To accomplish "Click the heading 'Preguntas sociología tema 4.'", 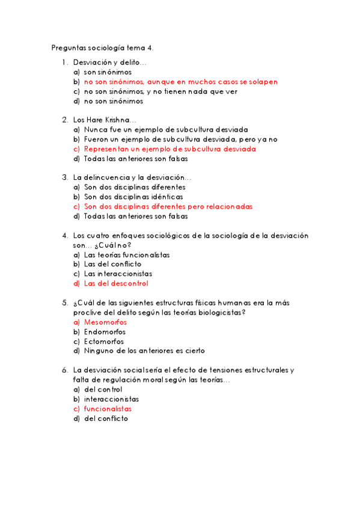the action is pos(103,48).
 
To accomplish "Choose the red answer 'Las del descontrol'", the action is pos(116,283).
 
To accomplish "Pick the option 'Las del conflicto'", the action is pos(112,264).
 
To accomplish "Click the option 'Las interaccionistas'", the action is pos(118,274).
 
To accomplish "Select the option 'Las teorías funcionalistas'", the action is pos(127,254).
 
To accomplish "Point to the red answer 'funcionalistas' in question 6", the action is pos(108,409).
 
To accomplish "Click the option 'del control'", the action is pos(103,390).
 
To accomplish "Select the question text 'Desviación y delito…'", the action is pos(110,62).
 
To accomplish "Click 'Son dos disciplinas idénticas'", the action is pos(133,197).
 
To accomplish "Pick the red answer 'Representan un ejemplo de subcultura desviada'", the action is pos(170,149).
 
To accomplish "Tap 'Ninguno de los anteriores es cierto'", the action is pos(144,351).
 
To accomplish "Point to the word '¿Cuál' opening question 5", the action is pos(84,303).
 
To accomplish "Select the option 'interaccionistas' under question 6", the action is pos(111,399).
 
